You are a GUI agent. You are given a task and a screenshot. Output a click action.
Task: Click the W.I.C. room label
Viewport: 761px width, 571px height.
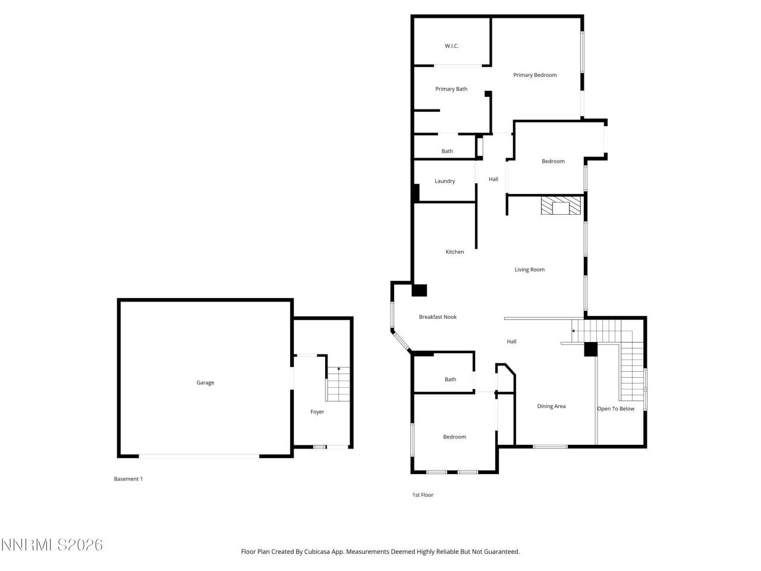452,46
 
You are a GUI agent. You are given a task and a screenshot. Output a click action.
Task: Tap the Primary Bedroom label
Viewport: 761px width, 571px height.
535,75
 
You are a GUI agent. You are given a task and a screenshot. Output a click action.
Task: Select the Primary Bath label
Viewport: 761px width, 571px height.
451,89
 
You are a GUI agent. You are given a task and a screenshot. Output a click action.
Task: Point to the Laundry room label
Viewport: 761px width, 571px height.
445,181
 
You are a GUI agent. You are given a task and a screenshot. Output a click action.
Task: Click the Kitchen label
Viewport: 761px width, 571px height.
455,252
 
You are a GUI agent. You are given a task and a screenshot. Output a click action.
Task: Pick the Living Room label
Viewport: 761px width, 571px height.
530,270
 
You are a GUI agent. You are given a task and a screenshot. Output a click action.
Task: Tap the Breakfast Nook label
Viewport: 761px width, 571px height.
438,317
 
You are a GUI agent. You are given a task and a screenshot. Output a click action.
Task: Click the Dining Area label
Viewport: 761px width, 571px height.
551,407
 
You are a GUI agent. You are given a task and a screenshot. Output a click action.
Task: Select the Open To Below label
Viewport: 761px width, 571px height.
615,409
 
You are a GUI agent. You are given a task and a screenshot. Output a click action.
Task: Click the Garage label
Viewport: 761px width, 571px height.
205,383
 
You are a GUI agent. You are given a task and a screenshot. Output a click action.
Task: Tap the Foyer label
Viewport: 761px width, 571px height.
317,412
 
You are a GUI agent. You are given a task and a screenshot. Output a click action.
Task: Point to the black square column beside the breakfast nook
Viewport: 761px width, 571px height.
420,290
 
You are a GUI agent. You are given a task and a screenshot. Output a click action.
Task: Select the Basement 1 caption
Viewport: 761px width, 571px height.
128,479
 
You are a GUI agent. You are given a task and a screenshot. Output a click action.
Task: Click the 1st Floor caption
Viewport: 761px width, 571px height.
423,495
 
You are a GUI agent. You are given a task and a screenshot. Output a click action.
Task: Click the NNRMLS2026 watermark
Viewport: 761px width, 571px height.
52,545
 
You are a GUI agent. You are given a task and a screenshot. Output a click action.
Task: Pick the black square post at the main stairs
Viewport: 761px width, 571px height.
590,350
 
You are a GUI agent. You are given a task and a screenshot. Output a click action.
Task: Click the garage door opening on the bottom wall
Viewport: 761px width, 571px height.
199,456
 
